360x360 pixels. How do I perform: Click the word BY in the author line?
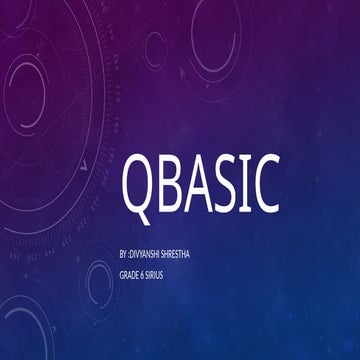(x=123, y=255)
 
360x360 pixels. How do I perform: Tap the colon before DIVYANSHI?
(x=130, y=255)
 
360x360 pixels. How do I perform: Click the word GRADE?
(x=130, y=273)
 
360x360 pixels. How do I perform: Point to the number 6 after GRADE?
(x=146, y=273)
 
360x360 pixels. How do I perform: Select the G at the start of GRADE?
(x=121, y=273)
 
